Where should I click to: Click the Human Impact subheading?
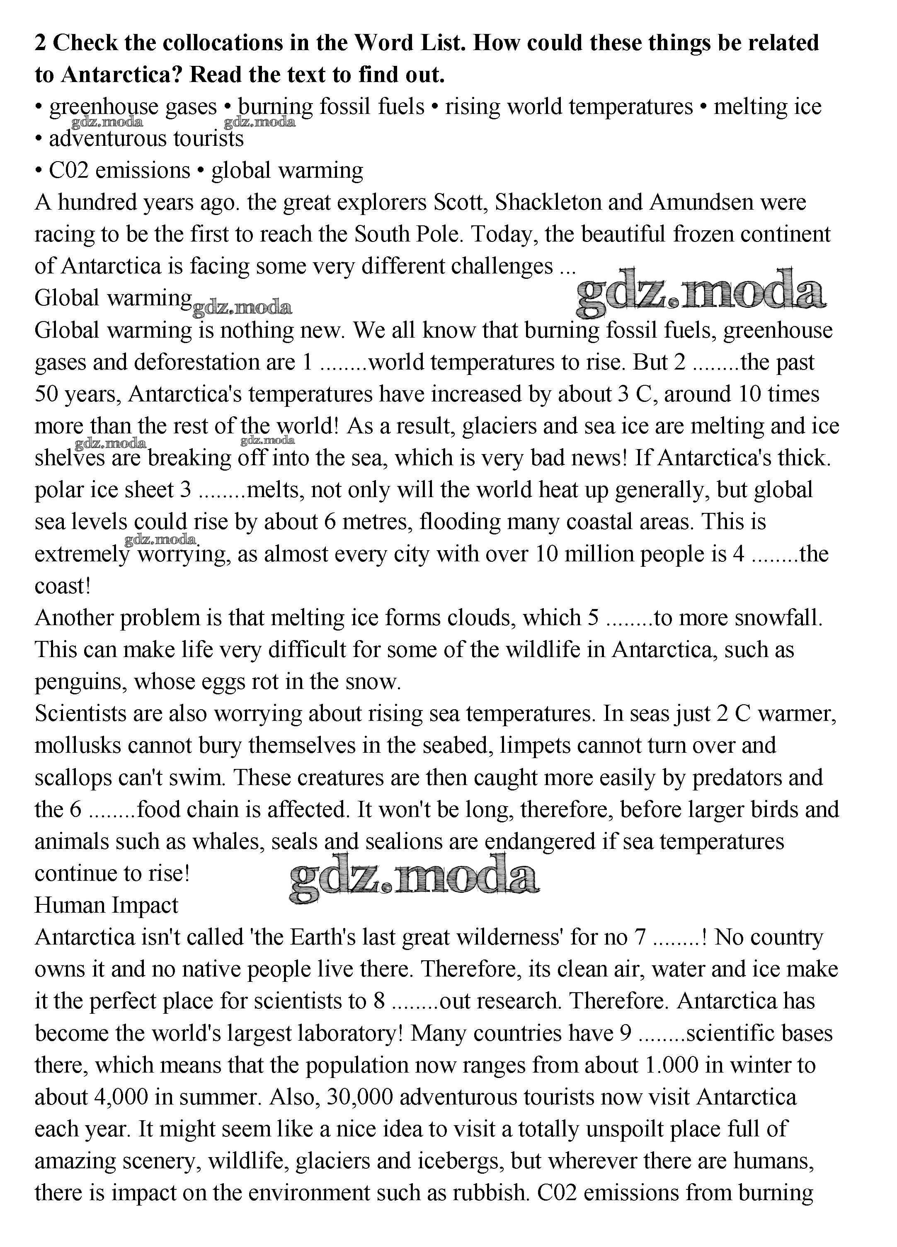pos(106,906)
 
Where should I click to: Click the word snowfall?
pos(778,619)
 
